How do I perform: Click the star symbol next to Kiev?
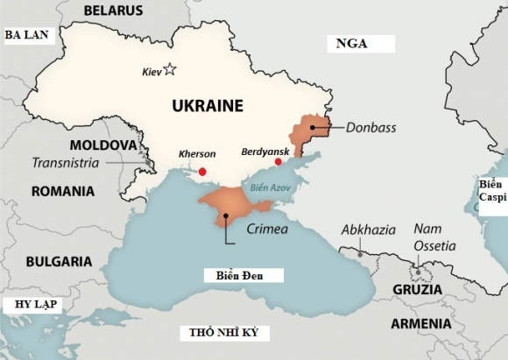170,69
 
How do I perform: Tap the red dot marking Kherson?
203,172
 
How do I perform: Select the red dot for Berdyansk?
279,162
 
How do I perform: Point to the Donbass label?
370,127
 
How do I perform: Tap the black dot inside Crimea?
226,215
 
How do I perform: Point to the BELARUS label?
113,11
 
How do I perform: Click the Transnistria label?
67,163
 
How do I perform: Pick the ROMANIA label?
62,191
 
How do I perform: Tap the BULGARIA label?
59,261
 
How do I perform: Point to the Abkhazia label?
368,229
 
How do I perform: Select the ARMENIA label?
421,323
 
